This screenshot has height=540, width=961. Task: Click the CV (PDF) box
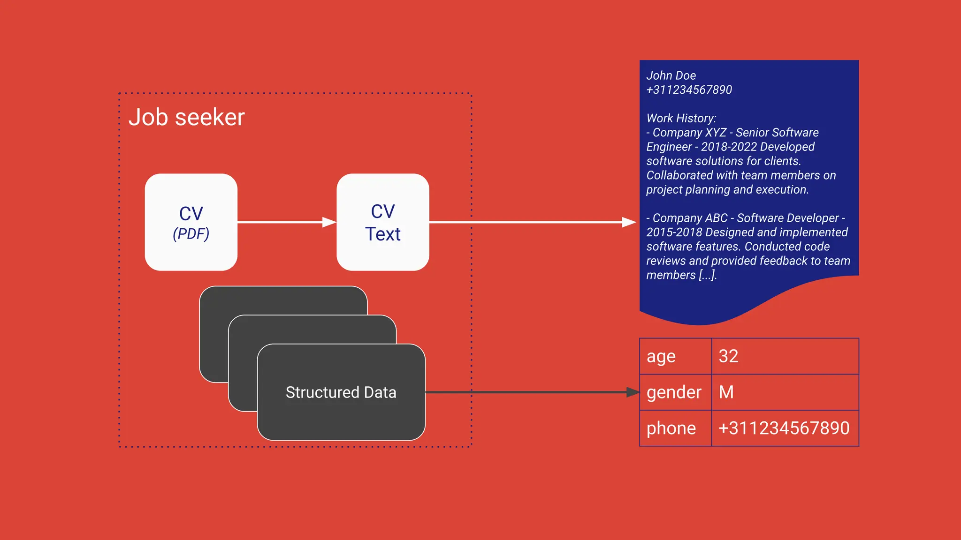tap(191, 222)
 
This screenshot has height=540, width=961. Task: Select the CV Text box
tap(382, 222)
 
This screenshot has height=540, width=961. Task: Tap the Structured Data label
tap(341, 392)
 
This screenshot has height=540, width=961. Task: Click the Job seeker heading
tap(187, 117)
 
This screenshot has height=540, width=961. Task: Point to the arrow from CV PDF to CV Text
tap(282, 222)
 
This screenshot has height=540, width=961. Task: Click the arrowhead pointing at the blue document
tap(629, 222)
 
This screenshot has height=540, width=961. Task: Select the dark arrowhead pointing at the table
tap(633, 392)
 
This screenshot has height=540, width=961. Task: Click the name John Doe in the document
tap(671, 75)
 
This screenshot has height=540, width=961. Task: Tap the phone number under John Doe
tap(689, 90)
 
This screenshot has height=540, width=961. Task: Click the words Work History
tap(681, 118)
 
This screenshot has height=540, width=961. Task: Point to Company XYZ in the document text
tap(689, 133)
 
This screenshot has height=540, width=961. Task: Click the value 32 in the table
tap(728, 356)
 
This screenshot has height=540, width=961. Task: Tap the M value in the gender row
tap(726, 392)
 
